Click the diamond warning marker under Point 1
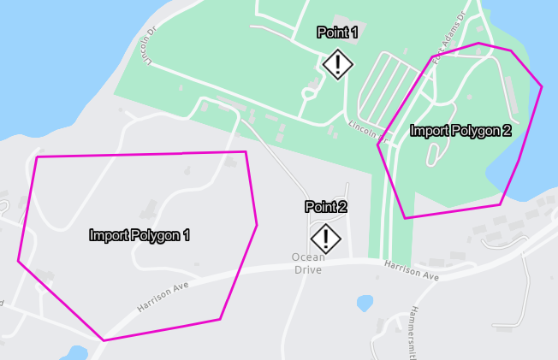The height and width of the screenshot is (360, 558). [338, 64]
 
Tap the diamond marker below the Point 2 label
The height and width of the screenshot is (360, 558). [325, 239]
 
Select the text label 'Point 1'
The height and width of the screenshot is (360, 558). [337, 33]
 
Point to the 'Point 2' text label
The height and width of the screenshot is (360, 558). [326, 207]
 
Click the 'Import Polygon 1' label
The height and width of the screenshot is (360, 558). [139, 234]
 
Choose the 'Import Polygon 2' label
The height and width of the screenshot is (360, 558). [460, 131]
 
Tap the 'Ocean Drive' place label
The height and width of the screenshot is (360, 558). [308, 263]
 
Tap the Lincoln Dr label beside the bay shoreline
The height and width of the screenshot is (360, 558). [151, 49]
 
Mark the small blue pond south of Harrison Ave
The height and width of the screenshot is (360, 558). [365, 303]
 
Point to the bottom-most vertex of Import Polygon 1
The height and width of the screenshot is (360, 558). [104, 340]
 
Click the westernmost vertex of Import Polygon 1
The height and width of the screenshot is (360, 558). [19, 261]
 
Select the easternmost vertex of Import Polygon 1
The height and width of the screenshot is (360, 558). [257, 226]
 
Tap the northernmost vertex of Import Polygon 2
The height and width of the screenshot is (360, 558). [478, 43]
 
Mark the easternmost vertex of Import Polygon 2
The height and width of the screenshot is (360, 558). [542, 86]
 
